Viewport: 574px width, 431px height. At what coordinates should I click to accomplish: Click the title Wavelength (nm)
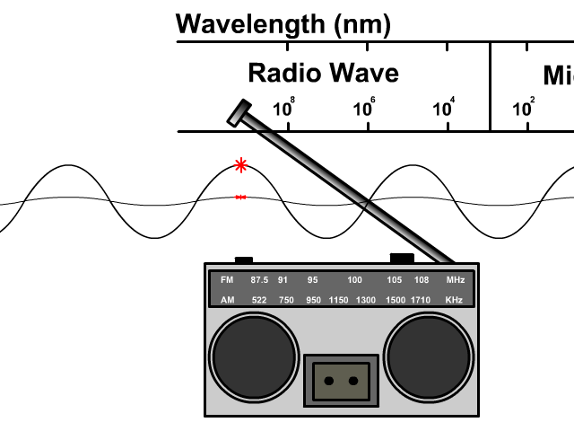tap(283, 23)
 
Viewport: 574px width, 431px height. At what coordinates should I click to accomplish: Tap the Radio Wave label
tap(323, 73)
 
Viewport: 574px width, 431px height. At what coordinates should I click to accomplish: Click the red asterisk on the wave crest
tap(240, 165)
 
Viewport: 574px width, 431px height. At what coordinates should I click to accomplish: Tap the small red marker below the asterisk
tap(240, 197)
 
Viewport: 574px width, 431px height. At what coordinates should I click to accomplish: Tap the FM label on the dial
tap(227, 280)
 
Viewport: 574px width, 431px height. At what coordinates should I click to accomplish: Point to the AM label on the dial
tap(227, 300)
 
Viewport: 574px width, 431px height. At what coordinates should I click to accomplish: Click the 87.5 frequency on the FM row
tap(259, 280)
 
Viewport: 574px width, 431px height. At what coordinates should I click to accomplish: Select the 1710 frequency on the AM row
tap(422, 300)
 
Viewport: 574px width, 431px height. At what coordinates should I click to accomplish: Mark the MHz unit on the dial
tap(456, 280)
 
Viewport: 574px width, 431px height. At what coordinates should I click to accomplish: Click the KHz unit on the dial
tap(455, 300)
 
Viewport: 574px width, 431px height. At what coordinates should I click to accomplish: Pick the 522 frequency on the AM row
tap(259, 300)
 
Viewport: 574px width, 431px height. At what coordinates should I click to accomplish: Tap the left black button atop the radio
tap(244, 259)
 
